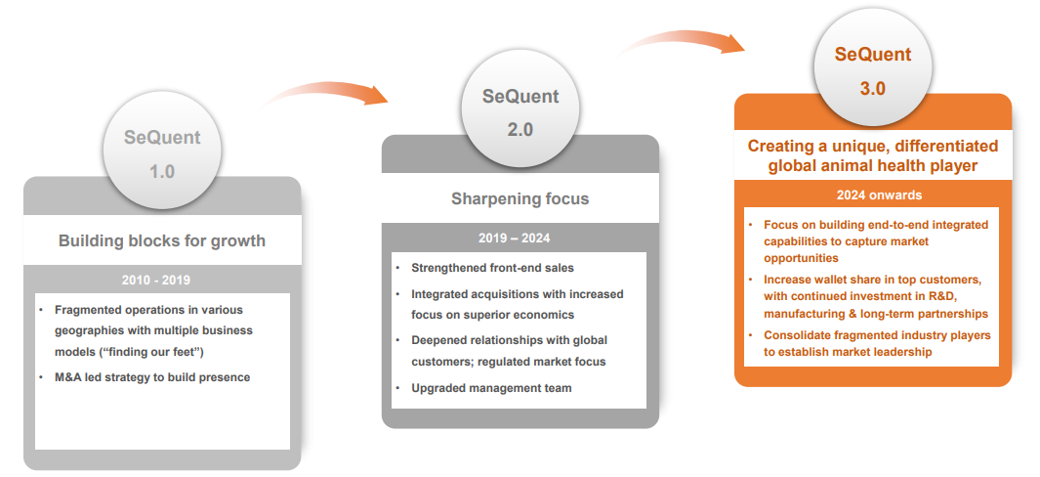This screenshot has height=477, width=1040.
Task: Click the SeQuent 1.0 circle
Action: tap(162, 151)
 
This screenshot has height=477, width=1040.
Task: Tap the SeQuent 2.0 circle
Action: tap(520, 108)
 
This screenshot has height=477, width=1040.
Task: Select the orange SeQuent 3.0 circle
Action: tap(873, 67)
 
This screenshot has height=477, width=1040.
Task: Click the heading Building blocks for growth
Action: tap(162, 240)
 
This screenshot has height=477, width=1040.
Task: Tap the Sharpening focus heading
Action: tap(520, 198)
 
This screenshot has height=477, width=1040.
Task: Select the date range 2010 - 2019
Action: tap(156, 280)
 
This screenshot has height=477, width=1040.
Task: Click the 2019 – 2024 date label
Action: tap(514, 238)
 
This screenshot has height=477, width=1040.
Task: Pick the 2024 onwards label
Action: tap(879, 195)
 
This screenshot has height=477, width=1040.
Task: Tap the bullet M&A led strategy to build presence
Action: tap(152, 377)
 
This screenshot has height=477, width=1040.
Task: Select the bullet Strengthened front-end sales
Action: tap(493, 268)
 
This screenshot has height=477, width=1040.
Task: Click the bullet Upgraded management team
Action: tap(491, 388)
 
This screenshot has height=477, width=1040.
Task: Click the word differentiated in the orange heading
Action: tap(941, 146)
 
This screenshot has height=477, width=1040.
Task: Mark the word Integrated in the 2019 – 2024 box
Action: tap(442, 294)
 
